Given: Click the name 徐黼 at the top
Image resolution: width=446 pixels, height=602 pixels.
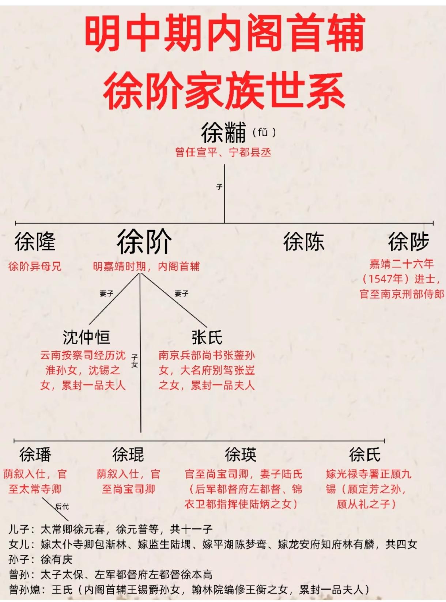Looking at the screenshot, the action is click(x=223, y=132).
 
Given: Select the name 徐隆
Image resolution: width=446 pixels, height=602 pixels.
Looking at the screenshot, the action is click(x=35, y=242).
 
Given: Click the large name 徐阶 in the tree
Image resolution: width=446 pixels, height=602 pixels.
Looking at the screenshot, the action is click(x=144, y=242).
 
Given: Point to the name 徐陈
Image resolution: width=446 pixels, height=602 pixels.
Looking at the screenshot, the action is click(x=303, y=242).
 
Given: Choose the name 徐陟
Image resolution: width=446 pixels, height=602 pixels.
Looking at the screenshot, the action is click(x=408, y=242).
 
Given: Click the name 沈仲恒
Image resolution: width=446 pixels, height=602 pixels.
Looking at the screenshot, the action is click(x=86, y=337).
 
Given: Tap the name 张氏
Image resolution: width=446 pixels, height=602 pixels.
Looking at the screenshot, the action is click(x=207, y=337).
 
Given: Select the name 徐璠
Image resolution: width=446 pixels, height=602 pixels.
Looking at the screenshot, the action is click(x=35, y=455).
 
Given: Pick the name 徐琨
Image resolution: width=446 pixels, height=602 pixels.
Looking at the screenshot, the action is click(x=128, y=455).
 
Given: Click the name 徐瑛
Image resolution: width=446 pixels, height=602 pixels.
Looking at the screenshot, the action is click(x=241, y=455).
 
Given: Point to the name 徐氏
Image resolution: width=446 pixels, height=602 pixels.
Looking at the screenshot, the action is click(x=364, y=455).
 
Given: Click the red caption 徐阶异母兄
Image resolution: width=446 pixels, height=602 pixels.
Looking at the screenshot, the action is click(x=35, y=266).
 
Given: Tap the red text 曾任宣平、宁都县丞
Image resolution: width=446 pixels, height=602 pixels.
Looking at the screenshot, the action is click(x=223, y=152).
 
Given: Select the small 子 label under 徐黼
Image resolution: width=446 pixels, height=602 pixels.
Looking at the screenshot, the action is click(x=219, y=187).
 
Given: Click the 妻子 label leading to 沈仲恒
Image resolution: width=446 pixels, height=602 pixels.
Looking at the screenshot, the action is click(x=106, y=293).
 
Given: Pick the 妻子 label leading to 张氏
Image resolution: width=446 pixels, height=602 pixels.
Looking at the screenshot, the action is click(x=181, y=293).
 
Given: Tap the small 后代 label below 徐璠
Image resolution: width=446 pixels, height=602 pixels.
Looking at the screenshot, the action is click(x=62, y=507).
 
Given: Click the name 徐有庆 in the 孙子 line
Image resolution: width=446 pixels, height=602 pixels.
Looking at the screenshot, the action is click(x=57, y=559).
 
